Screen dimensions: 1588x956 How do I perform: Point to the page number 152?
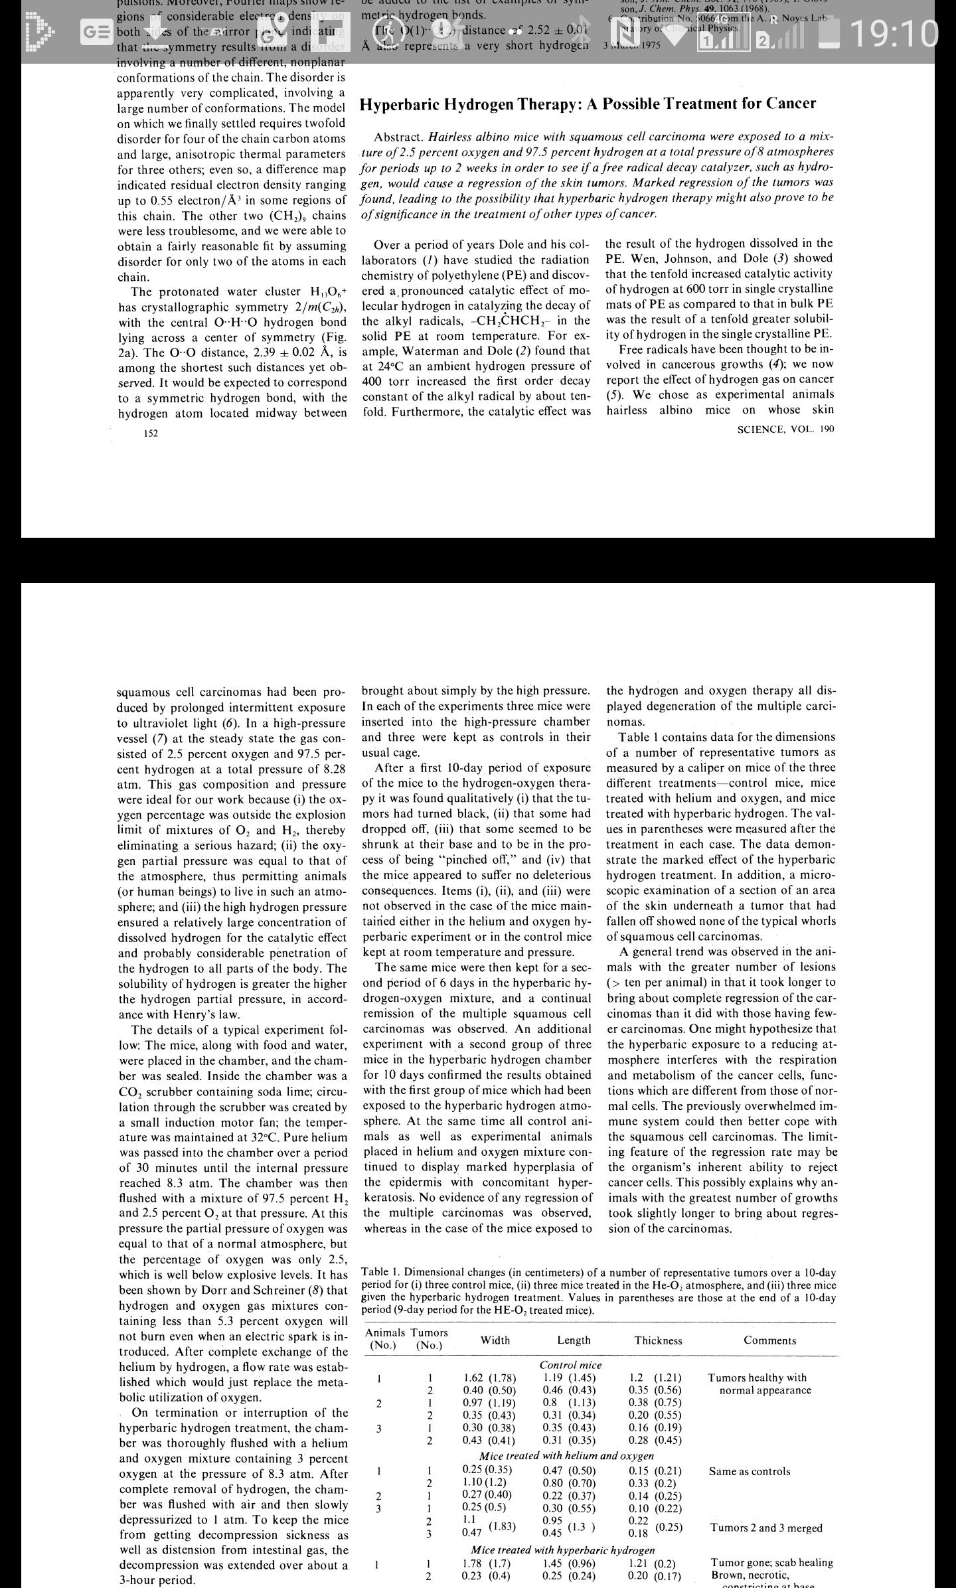point(151,434)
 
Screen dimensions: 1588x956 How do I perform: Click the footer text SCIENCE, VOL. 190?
point(785,429)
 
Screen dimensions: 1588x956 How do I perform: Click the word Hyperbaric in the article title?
point(409,104)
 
